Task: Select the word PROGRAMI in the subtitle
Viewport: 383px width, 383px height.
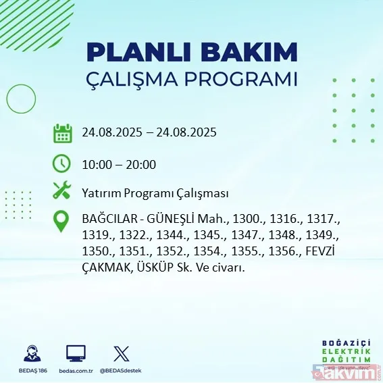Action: [x=244, y=79]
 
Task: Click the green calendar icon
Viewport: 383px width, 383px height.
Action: [x=62, y=132]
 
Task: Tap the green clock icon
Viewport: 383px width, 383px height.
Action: [x=62, y=163]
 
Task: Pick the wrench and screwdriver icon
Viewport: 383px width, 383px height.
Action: [x=62, y=192]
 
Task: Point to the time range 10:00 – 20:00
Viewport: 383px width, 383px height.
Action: [x=119, y=165]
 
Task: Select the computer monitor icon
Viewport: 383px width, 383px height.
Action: [x=76, y=353]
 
